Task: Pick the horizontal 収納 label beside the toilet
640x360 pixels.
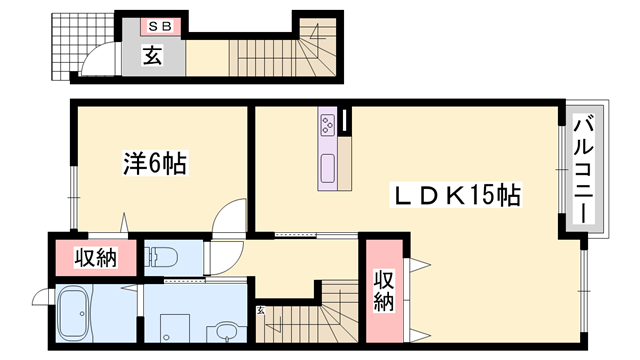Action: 97,258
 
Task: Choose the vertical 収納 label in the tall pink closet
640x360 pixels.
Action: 384,290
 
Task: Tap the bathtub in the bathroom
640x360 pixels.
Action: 77,315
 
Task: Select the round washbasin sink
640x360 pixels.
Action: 228,330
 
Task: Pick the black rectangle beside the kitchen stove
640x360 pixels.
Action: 344,121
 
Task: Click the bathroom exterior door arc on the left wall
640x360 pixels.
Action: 42,298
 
